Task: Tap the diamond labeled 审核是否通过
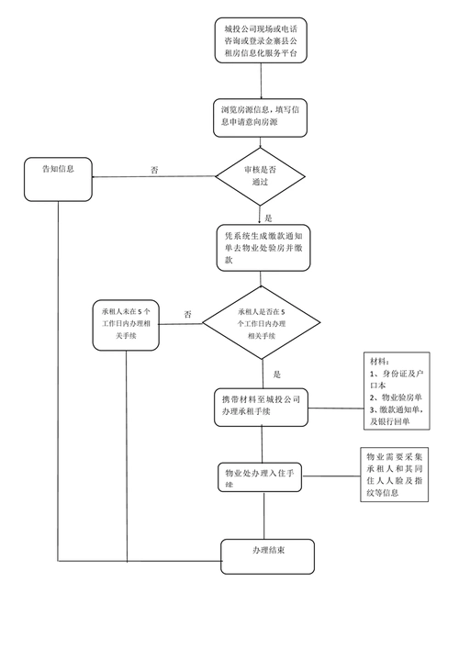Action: point(262,176)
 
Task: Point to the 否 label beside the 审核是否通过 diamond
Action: point(154,170)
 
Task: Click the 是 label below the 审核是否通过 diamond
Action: point(269,218)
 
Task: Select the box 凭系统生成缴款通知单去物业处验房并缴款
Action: point(262,248)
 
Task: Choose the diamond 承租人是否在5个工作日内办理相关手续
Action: point(262,323)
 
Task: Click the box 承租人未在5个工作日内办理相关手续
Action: point(127,323)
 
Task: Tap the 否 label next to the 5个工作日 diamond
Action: point(187,315)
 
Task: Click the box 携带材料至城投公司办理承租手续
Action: point(262,407)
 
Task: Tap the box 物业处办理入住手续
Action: point(262,476)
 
